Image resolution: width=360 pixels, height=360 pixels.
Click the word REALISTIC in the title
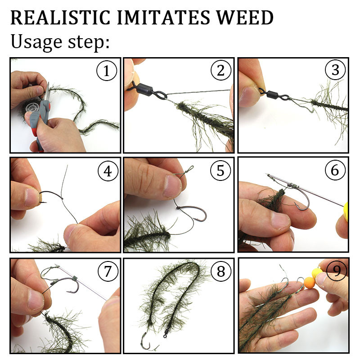click(x=60, y=18)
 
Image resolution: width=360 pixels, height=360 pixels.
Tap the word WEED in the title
click(x=245, y=18)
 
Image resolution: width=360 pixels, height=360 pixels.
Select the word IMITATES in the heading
click(x=163, y=18)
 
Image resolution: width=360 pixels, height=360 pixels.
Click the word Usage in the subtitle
click(x=36, y=41)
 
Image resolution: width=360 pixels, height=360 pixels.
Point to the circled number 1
click(x=107, y=71)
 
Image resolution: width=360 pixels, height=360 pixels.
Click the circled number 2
click(x=220, y=70)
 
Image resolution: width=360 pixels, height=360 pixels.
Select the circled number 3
click(x=335, y=70)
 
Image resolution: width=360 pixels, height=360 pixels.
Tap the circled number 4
click(x=108, y=171)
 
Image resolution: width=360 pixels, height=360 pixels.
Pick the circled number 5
click(x=220, y=171)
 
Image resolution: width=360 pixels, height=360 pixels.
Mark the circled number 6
click(x=335, y=170)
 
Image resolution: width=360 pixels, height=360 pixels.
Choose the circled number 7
click(x=108, y=272)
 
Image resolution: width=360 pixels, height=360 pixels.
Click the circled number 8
click(x=221, y=271)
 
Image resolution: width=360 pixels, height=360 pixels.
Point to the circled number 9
click(x=336, y=271)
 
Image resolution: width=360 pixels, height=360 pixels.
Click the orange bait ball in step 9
click(x=310, y=283)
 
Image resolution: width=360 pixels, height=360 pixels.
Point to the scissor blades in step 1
click(x=47, y=91)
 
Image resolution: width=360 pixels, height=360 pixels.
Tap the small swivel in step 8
click(x=166, y=331)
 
